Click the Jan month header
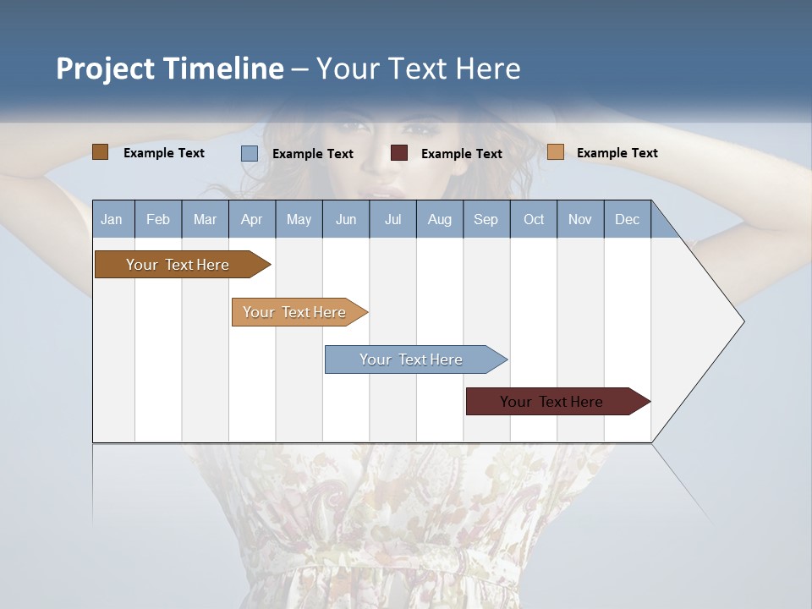112,219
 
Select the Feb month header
158,219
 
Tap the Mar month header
205,219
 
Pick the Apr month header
251,219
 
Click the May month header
299,219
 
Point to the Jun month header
346,219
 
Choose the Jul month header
392,219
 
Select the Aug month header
440,219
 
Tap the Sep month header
486,219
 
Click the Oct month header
534,219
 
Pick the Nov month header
580,219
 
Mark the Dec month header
628,219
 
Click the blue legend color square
250,153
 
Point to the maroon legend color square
399,153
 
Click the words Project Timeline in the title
170,69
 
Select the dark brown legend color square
101,152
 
